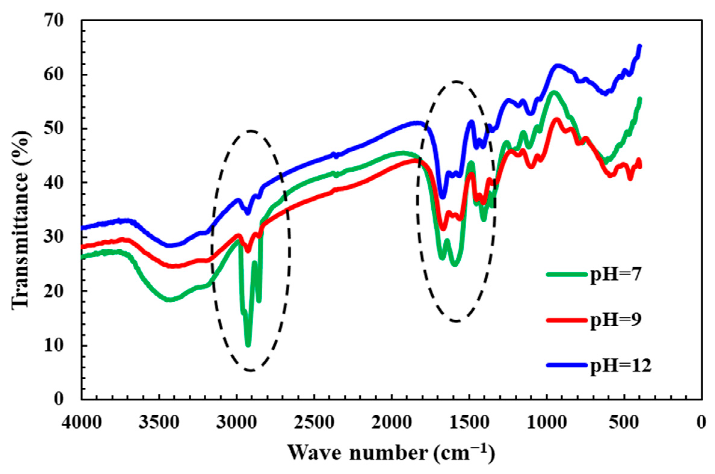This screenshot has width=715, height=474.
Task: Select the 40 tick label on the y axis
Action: (54, 183)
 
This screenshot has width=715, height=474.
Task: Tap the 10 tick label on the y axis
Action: (54, 346)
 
